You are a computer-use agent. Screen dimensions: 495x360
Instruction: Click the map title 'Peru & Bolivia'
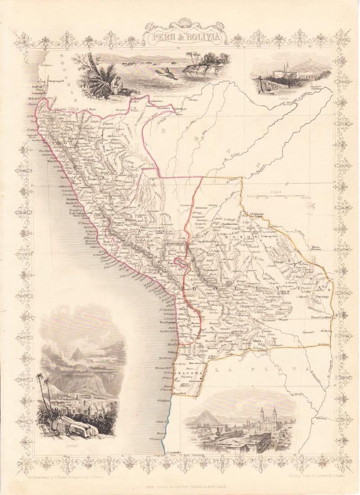pos(180,36)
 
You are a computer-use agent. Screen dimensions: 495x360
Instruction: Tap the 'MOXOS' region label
pos(247,237)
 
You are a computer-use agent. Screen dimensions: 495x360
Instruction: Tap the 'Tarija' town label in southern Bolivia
pos(262,341)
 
